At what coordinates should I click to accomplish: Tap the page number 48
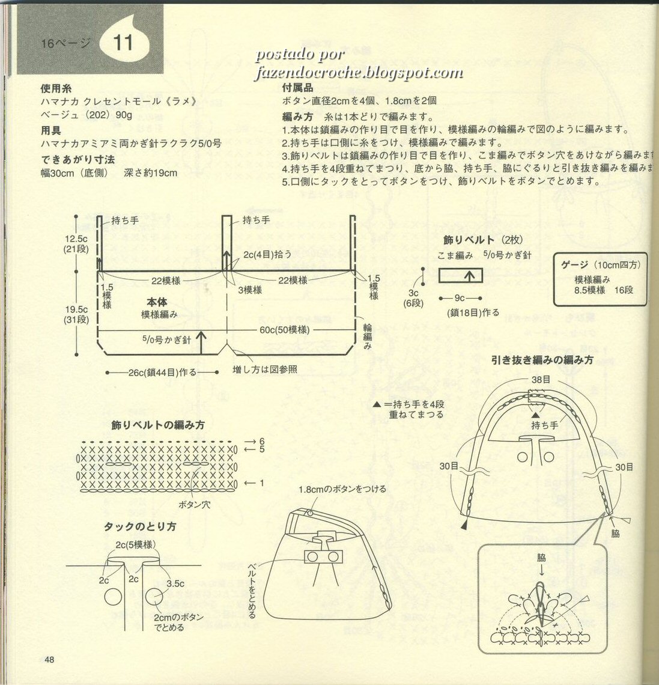pos(49,660)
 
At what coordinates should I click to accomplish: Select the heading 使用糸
pos(56,87)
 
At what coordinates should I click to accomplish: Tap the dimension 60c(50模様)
pos(284,330)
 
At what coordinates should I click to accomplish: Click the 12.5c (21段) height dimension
pos(77,244)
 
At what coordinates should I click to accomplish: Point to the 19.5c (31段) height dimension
pos(77,315)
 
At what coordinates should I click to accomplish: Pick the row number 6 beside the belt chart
pos(262,442)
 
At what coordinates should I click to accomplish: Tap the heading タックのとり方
pos(140,526)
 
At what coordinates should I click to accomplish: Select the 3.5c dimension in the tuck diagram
pos(176,582)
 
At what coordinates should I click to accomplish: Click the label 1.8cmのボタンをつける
pos(342,489)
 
